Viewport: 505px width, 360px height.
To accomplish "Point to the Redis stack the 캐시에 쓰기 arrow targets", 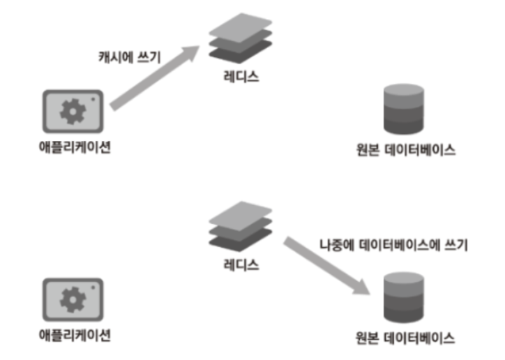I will [x=240, y=39].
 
